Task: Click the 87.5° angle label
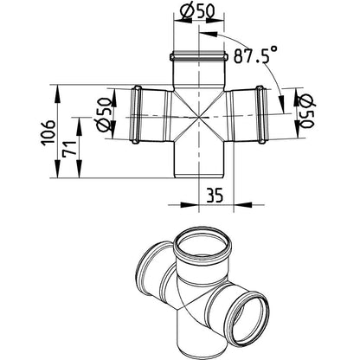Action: click(x=255, y=55)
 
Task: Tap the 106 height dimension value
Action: click(x=48, y=133)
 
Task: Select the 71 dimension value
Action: click(x=71, y=148)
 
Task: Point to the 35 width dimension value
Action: click(x=215, y=196)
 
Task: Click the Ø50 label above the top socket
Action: click(x=197, y=12)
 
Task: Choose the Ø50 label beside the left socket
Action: click(x=104, y=114)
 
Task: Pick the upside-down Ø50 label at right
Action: click(x=306, y=111)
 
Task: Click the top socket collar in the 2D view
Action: click(x=199, y=55)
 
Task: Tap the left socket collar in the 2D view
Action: click(x=136, y=114)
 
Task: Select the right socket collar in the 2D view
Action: click(x=261, y=114)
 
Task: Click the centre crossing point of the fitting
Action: click(x=199, y=118)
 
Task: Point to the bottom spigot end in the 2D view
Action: click(x=199, y=177)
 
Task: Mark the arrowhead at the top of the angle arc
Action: click(x=209, y=34)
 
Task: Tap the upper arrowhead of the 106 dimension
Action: click(x=57, y=93)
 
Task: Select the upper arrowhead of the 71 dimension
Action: click(x=79, y=126)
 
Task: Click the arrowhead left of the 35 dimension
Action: click(x=190, y=205)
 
